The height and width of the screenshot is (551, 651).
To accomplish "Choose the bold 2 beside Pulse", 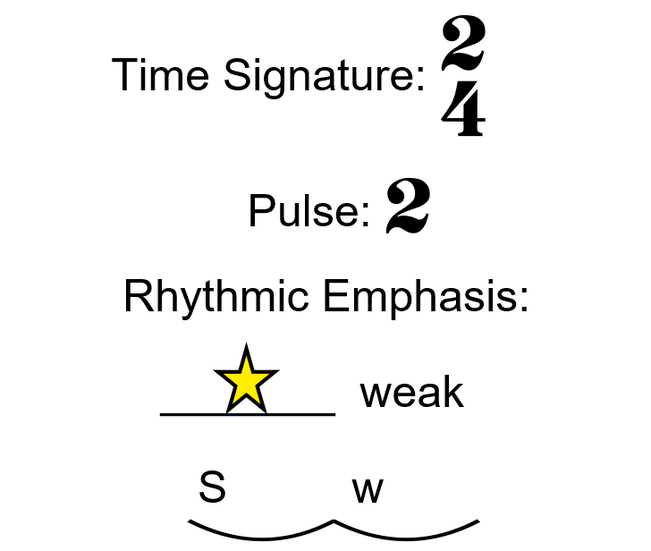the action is click(408, 207).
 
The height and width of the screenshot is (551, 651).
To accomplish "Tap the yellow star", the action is click(245, 380).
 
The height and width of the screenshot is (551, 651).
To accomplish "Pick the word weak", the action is click(411, 393).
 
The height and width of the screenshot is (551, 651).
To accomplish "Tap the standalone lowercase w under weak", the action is click(368, 489).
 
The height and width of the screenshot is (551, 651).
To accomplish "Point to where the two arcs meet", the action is click(334, 521).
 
